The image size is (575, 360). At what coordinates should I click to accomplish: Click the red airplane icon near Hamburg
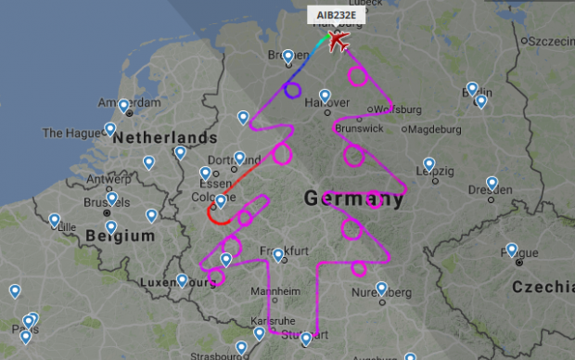pyautogui.click(x=339, y=42)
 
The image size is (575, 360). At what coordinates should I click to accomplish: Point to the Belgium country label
pyautogui.click(x=119, y=237)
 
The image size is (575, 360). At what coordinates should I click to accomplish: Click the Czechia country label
pyautogui.click(x=543, y=288)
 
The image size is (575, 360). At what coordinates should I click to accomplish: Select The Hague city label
pyautogui.click(x=66, y=133)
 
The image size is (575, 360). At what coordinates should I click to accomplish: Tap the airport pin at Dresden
pyautogui.click(x=492, y=183)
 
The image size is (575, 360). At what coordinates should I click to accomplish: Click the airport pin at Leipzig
pyautogui.click(x=429, y=165)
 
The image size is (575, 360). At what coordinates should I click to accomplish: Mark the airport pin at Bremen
pyautogui.click(x=289, y=57)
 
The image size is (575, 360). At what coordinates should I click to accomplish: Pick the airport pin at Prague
pyautogui.click(x=512, y=250)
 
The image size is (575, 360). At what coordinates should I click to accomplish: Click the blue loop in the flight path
pyautogui.click(x=292, y=90)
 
